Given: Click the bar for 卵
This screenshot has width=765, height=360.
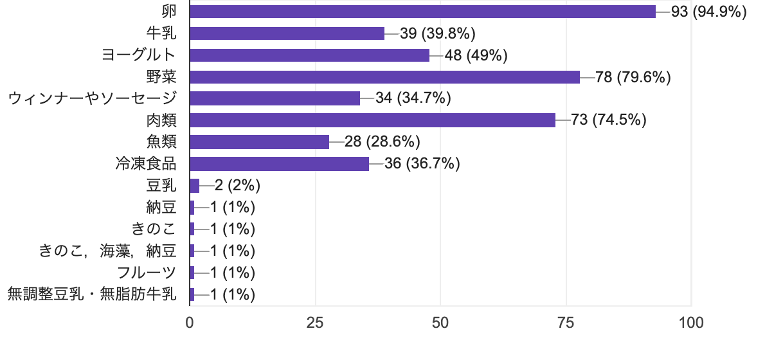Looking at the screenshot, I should [x=422, y=12].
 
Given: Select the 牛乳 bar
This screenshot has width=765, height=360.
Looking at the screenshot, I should [x=287, y=33].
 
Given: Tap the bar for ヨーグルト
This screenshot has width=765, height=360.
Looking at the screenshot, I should [x=309, y=55].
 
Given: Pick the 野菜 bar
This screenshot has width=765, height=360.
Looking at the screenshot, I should [x=384, y=77].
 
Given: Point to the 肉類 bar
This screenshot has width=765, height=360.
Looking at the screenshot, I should [x=372, y=120].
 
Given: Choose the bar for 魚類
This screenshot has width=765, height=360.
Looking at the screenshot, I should [x=259, y=142].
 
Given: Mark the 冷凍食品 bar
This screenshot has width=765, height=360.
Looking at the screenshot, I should [x=279, y=164].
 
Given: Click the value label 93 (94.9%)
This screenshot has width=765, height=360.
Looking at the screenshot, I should [x=708, y=12].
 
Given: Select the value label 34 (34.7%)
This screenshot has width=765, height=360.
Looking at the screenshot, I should [x=413, y=98].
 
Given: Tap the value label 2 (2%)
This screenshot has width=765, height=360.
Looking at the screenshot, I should [x=237, y=186].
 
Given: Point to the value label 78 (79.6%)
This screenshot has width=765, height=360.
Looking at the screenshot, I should [x=633, y=77].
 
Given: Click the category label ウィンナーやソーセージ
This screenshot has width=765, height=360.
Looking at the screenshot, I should [x=92, y=98].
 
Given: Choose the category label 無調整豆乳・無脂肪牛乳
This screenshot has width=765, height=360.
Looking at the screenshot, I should [x=91, y=294].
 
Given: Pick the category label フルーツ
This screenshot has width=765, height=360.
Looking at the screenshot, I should [x=147, y=273].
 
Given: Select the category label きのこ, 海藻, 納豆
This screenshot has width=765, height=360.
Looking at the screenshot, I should [x=107, y=251].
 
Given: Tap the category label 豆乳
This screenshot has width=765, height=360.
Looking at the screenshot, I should [x=161, y=186].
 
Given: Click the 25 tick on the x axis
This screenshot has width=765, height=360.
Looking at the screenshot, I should [x=315, y=323].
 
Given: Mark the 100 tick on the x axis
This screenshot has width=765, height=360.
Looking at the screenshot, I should [x=691, y=323].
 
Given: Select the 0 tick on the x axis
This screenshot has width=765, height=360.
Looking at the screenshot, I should [x=190, y=323].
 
